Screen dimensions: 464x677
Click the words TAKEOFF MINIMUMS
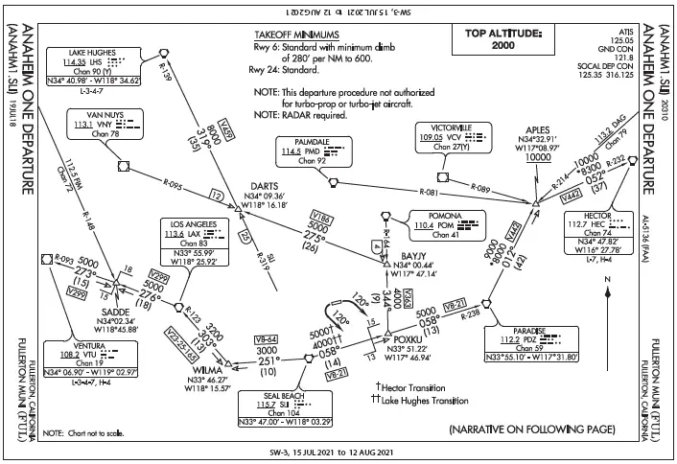297,34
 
